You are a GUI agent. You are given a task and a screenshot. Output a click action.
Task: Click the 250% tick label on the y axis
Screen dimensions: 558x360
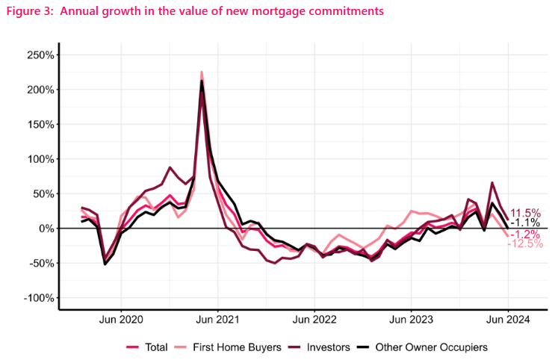[x=40, y=55]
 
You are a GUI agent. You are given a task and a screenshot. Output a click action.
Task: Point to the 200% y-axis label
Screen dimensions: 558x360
[x=40, y=90]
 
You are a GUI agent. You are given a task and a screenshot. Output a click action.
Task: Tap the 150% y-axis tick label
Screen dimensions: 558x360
[x=40, y=125]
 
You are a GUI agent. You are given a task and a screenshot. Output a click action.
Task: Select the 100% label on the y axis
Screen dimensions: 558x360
[x=40, y=159]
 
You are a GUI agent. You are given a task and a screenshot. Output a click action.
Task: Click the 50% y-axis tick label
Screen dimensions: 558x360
[x=43, y=194]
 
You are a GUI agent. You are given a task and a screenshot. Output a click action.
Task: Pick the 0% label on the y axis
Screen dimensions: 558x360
[x=46, y=229]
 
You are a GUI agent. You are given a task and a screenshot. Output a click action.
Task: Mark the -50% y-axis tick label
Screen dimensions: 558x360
[x=42, y=263]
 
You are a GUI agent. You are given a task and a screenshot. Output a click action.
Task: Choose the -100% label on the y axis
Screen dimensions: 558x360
[x=39, y=298]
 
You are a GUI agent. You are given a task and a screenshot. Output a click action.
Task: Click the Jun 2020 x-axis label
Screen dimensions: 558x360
[x=121, y=320]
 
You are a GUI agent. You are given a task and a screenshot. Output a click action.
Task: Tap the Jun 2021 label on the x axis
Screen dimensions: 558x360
[x=218, y=320]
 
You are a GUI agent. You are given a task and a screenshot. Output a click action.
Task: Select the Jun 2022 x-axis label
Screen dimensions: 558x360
[x=314, y=320]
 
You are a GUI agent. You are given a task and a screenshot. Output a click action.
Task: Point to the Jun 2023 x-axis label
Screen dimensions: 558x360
[x=412, y=320]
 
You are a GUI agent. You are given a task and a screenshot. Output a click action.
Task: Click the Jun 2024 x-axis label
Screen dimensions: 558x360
[x=508, y=320]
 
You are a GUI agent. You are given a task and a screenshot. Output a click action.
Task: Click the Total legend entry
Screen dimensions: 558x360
[x=147, y=347]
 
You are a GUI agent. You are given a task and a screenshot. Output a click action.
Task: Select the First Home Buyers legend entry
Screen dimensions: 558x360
[x=228, y=347]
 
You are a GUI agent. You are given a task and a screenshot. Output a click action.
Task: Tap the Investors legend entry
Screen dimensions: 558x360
[x=319, y=347]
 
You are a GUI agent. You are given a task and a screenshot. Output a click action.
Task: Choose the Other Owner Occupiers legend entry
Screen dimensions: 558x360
[x=422, y=347]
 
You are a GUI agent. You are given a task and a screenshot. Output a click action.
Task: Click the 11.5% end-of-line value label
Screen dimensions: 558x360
[x=526, y=214]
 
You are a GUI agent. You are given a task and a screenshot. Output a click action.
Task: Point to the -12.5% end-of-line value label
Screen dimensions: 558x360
[x=525, y=243]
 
